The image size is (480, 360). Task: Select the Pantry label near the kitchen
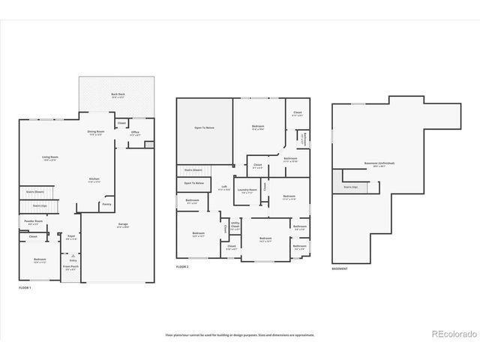(107, 203)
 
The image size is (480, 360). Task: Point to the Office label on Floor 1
(135, 133)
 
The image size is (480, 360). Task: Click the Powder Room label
(34, 221)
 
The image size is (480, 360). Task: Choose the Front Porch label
(70, 267)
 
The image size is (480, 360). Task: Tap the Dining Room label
(95, 133)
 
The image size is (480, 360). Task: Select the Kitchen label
(94, 179)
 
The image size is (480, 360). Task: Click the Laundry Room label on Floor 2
(244, 190)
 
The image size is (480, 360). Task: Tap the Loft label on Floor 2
(223, 187)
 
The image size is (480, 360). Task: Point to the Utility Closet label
(235, 225)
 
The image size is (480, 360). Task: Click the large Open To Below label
(205, 128)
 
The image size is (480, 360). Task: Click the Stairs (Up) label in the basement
(350, 187)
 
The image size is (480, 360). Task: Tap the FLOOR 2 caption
(183, 267)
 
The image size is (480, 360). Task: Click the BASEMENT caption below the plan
(340, 268)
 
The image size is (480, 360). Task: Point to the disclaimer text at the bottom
(240, 334)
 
